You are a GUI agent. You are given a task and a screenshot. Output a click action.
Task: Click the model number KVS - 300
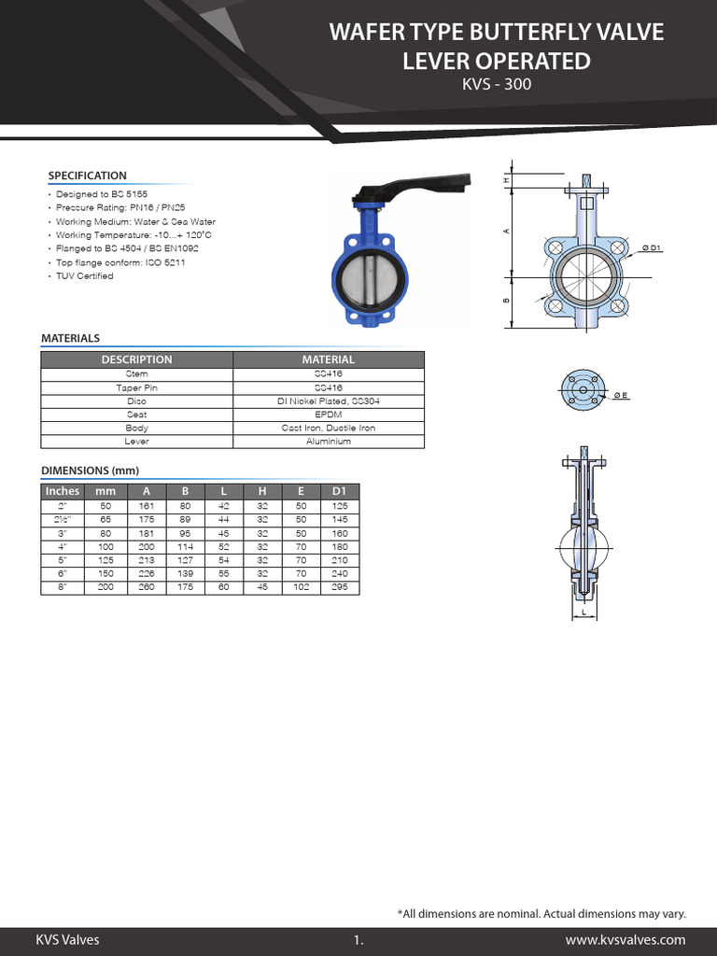pos(497,86)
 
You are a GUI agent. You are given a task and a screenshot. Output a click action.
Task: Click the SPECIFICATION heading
pos(87,176)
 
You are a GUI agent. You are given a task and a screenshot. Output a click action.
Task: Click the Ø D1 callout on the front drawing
pos(651,247)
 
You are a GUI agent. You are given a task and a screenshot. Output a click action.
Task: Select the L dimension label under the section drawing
pos(583,613)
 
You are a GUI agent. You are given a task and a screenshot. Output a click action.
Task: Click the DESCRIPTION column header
pos(136,359)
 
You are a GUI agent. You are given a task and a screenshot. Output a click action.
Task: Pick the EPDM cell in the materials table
pos(328,414)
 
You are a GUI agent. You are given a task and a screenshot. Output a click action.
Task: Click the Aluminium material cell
pos(328,441)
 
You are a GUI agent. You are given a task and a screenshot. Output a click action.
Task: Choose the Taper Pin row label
pos(136,387)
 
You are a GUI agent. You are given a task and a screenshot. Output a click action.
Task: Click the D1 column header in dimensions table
pos(339,491)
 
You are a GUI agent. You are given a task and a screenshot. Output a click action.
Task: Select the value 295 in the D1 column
pos(339,586)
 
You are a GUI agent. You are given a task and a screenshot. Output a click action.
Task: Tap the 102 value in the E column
pos(301,586)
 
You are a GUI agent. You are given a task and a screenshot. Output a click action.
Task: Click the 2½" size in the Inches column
pos(63,518)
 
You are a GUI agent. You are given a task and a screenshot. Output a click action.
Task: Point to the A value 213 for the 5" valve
pos(146,559)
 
